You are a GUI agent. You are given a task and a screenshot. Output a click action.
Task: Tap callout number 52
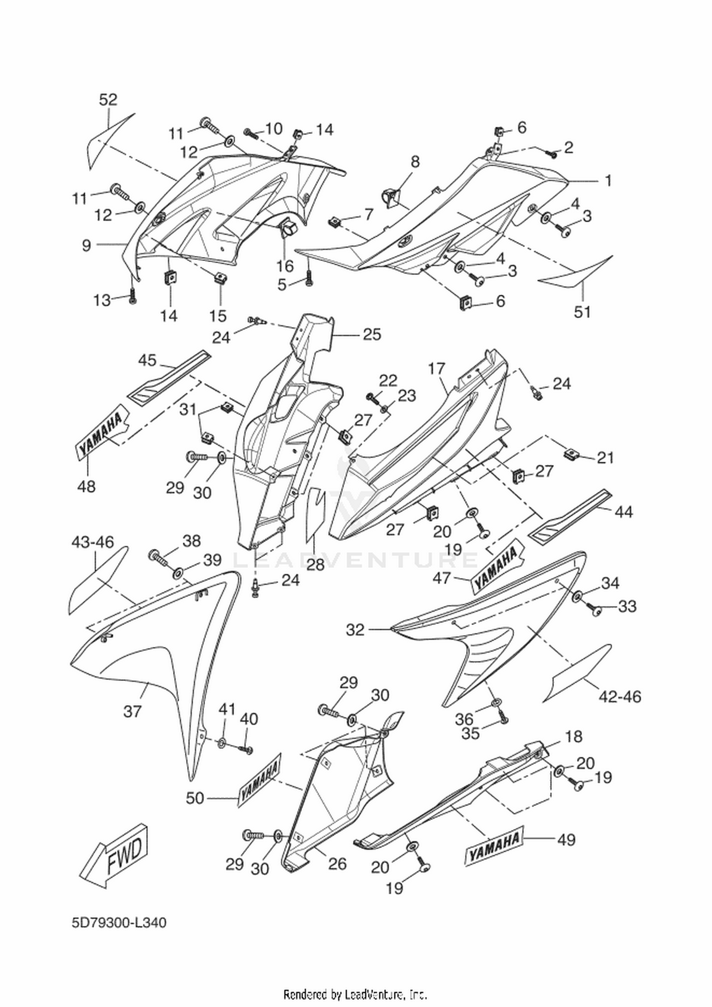pyautogui.click(x=108, y=100)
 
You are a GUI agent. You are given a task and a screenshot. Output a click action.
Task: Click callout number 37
pyautogui.click(x=132, y=711)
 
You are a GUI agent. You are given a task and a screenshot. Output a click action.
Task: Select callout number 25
pyautogui.click(x=372, y=335)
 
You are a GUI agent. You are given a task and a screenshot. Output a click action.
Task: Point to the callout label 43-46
pyautogui.click(x=93, y=541)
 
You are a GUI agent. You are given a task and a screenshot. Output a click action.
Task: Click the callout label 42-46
pyautogui.click(x=620, y=697)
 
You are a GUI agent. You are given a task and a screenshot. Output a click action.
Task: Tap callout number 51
pyautogui.click(x=582, y=312)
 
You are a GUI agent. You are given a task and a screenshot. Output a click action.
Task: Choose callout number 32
pyautogui.click(x=355, y=630)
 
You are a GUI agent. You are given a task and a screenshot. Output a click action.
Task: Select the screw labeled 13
pyautogui.click(x=132, y=296)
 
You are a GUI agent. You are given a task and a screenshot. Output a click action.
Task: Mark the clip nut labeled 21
pyautogui.click(x=571, y=455)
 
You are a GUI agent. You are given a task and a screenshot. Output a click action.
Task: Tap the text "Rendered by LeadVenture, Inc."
pyautogui.click(x=356, y=993)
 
